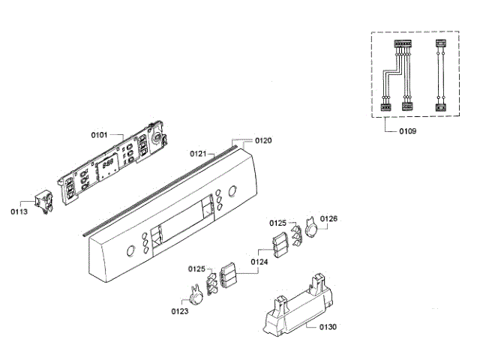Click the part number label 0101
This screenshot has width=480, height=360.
click(100, 135)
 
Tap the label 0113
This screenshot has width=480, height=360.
click(19, 211)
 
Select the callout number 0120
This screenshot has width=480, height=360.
click(263, 140)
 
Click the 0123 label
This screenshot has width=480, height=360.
click(179, 310)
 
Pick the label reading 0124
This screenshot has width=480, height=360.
click(259, 262)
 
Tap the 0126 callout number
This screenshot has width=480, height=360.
click(329, 219)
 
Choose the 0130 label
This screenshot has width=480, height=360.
click(328, 326)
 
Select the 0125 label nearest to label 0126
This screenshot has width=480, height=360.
click(278, 223)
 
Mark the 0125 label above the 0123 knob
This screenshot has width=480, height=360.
click(196, 268)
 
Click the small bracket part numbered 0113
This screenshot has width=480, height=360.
click(42, 199)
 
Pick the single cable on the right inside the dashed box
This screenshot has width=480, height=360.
click(440, 75)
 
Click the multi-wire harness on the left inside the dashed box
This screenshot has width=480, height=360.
click(397, 75)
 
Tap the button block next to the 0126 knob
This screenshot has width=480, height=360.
click(280, 244)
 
